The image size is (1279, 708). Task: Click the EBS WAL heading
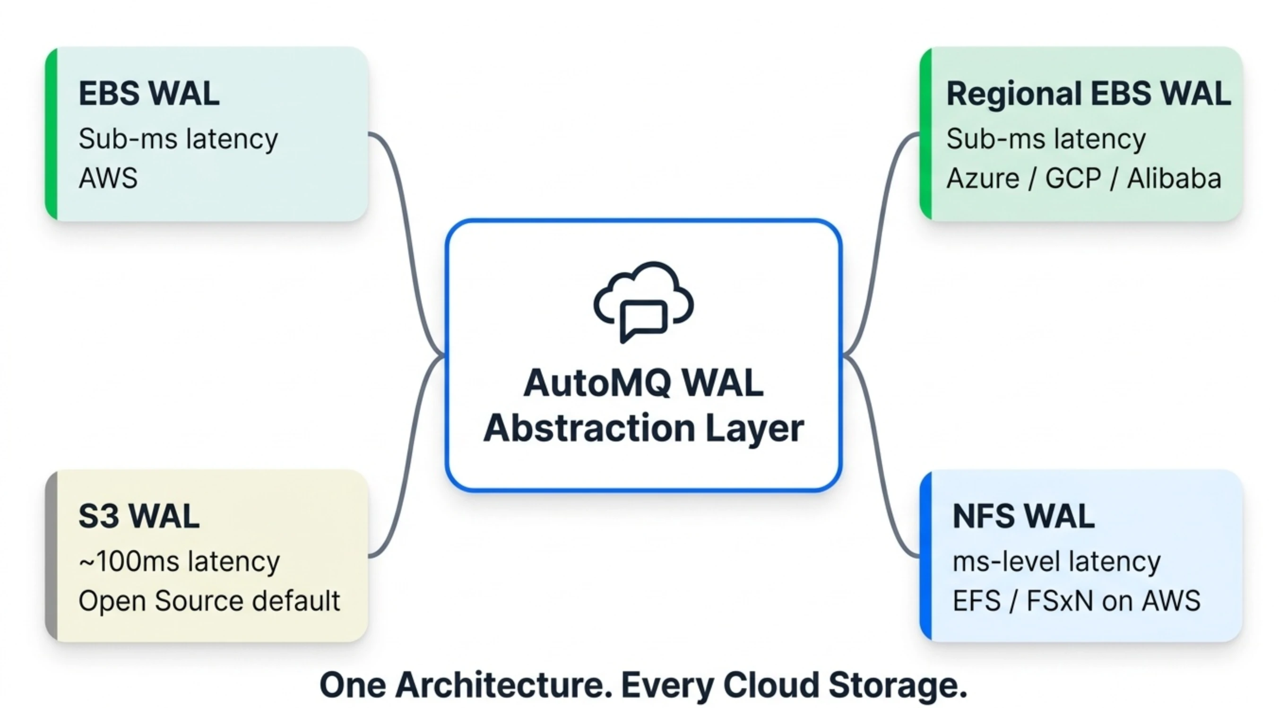point(149,93)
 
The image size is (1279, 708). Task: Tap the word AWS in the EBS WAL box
point(108,178)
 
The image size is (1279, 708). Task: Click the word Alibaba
point(1174,178)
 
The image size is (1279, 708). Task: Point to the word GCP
point(1073,178)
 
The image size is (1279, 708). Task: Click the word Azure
point(983,178)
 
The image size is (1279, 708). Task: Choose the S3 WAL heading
point(139,517)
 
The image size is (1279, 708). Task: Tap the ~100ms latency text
point(179,561)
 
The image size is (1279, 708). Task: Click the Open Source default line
point(209,601)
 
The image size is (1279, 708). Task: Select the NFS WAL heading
point(1023,517)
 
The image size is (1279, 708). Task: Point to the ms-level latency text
point(1056,561)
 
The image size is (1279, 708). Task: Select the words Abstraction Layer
point(643,428)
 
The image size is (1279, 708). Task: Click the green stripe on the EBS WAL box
point(51,134)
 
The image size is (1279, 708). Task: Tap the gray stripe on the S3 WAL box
point(51,556)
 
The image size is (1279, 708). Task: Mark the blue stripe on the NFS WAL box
point(925,556)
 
